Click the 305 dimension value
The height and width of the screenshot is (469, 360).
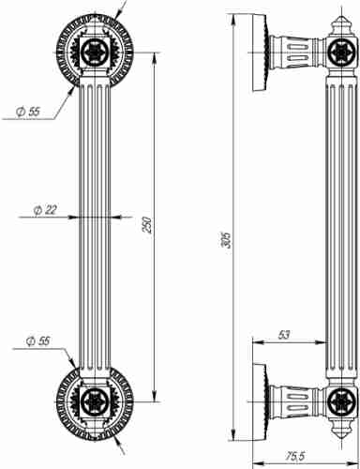(225, 240)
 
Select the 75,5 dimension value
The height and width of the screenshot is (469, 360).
(295, 456)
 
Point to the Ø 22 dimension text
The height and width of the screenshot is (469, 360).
(44, 209)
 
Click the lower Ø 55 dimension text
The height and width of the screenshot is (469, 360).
(37, 340)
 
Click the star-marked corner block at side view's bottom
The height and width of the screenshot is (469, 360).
(337, 403)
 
